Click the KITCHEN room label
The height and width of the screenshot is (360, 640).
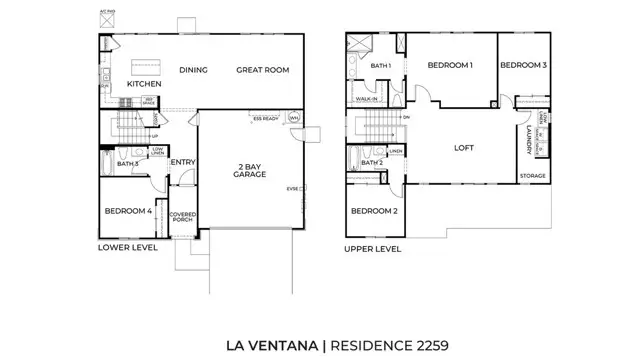143,84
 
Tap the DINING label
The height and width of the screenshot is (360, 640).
193,70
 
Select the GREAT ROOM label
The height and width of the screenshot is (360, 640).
263,70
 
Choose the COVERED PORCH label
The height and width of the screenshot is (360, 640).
181,218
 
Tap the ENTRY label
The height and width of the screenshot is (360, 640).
182,163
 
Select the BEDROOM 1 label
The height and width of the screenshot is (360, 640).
449,65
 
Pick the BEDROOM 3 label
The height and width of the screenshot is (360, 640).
522,65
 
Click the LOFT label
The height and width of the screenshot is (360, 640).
461,146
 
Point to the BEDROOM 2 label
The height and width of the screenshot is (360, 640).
374,211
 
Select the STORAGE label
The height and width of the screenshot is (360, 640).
532,176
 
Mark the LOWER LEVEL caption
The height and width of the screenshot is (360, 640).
127,246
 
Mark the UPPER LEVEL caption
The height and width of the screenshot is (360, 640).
373,248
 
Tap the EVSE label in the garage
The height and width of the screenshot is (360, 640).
293,188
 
